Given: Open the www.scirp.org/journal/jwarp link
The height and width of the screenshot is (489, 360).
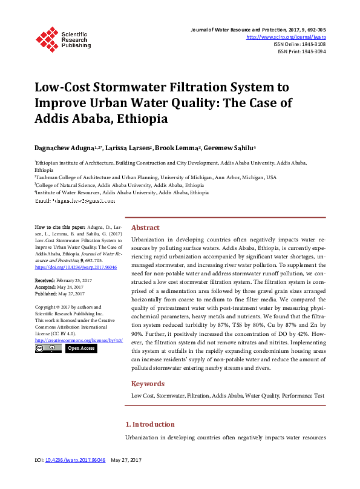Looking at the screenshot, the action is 287,37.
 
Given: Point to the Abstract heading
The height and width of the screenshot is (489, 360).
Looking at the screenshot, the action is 145,228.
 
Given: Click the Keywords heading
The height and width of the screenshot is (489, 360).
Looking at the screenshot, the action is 148,384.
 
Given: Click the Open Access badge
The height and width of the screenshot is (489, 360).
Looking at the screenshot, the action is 80,348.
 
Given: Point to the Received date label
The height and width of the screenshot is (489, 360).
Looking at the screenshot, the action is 45,281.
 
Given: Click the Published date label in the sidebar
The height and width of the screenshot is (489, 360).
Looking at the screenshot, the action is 46,293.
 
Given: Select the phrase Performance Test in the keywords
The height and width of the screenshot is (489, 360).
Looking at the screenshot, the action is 303,396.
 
